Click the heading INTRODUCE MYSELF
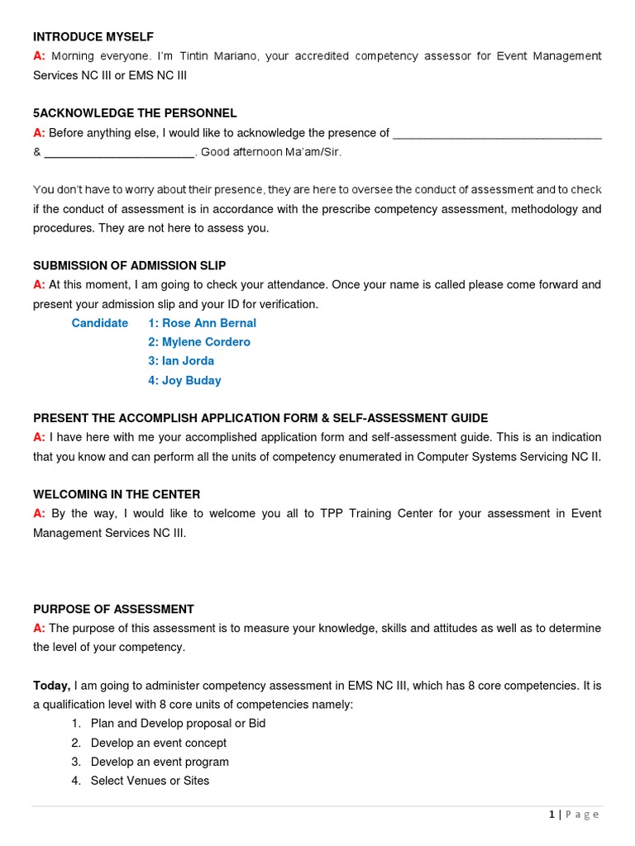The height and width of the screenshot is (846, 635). [x=93, y=37]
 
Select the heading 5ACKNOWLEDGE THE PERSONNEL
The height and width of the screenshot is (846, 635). [x=135, y=113]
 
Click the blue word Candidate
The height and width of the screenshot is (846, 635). [x=100, y=323]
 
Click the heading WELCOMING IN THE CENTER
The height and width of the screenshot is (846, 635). [x=117, y=494]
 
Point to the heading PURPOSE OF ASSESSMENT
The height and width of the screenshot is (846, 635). [x=113, y=609]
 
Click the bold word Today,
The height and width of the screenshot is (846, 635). [x=51, y=685]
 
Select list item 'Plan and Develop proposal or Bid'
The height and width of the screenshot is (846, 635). [x=178, y=723]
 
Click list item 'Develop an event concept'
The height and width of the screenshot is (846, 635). [x=158, y=743]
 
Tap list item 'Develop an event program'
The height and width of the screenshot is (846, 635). [x=160, y=762]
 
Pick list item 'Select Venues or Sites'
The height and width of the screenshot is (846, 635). [x=150, y=781]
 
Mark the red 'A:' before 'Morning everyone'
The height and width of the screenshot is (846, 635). [x=39, y=56]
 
